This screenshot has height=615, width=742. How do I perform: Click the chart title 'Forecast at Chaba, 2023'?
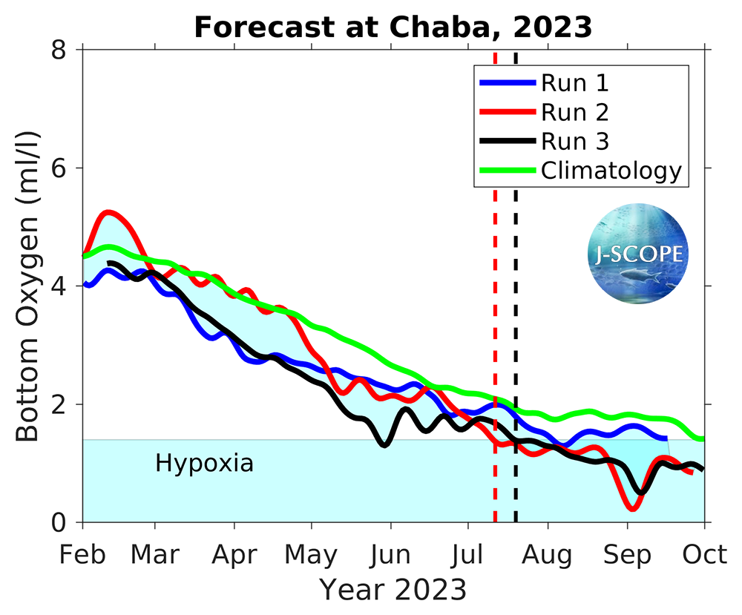393,27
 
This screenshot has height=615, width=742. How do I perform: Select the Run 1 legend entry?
575,82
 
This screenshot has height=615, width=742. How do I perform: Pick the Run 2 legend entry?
575,112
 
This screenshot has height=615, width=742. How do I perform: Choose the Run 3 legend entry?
575,141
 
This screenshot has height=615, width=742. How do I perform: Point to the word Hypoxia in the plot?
204,464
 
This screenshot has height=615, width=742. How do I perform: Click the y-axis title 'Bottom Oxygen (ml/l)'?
27,286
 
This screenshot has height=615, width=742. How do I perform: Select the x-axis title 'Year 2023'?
393,591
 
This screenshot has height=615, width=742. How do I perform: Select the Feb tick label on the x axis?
82,554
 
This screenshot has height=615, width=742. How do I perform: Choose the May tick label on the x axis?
312,554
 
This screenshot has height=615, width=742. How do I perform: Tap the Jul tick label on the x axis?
467,554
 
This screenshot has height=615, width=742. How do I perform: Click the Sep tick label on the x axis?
627,554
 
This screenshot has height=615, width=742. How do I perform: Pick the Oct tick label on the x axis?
704,554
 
